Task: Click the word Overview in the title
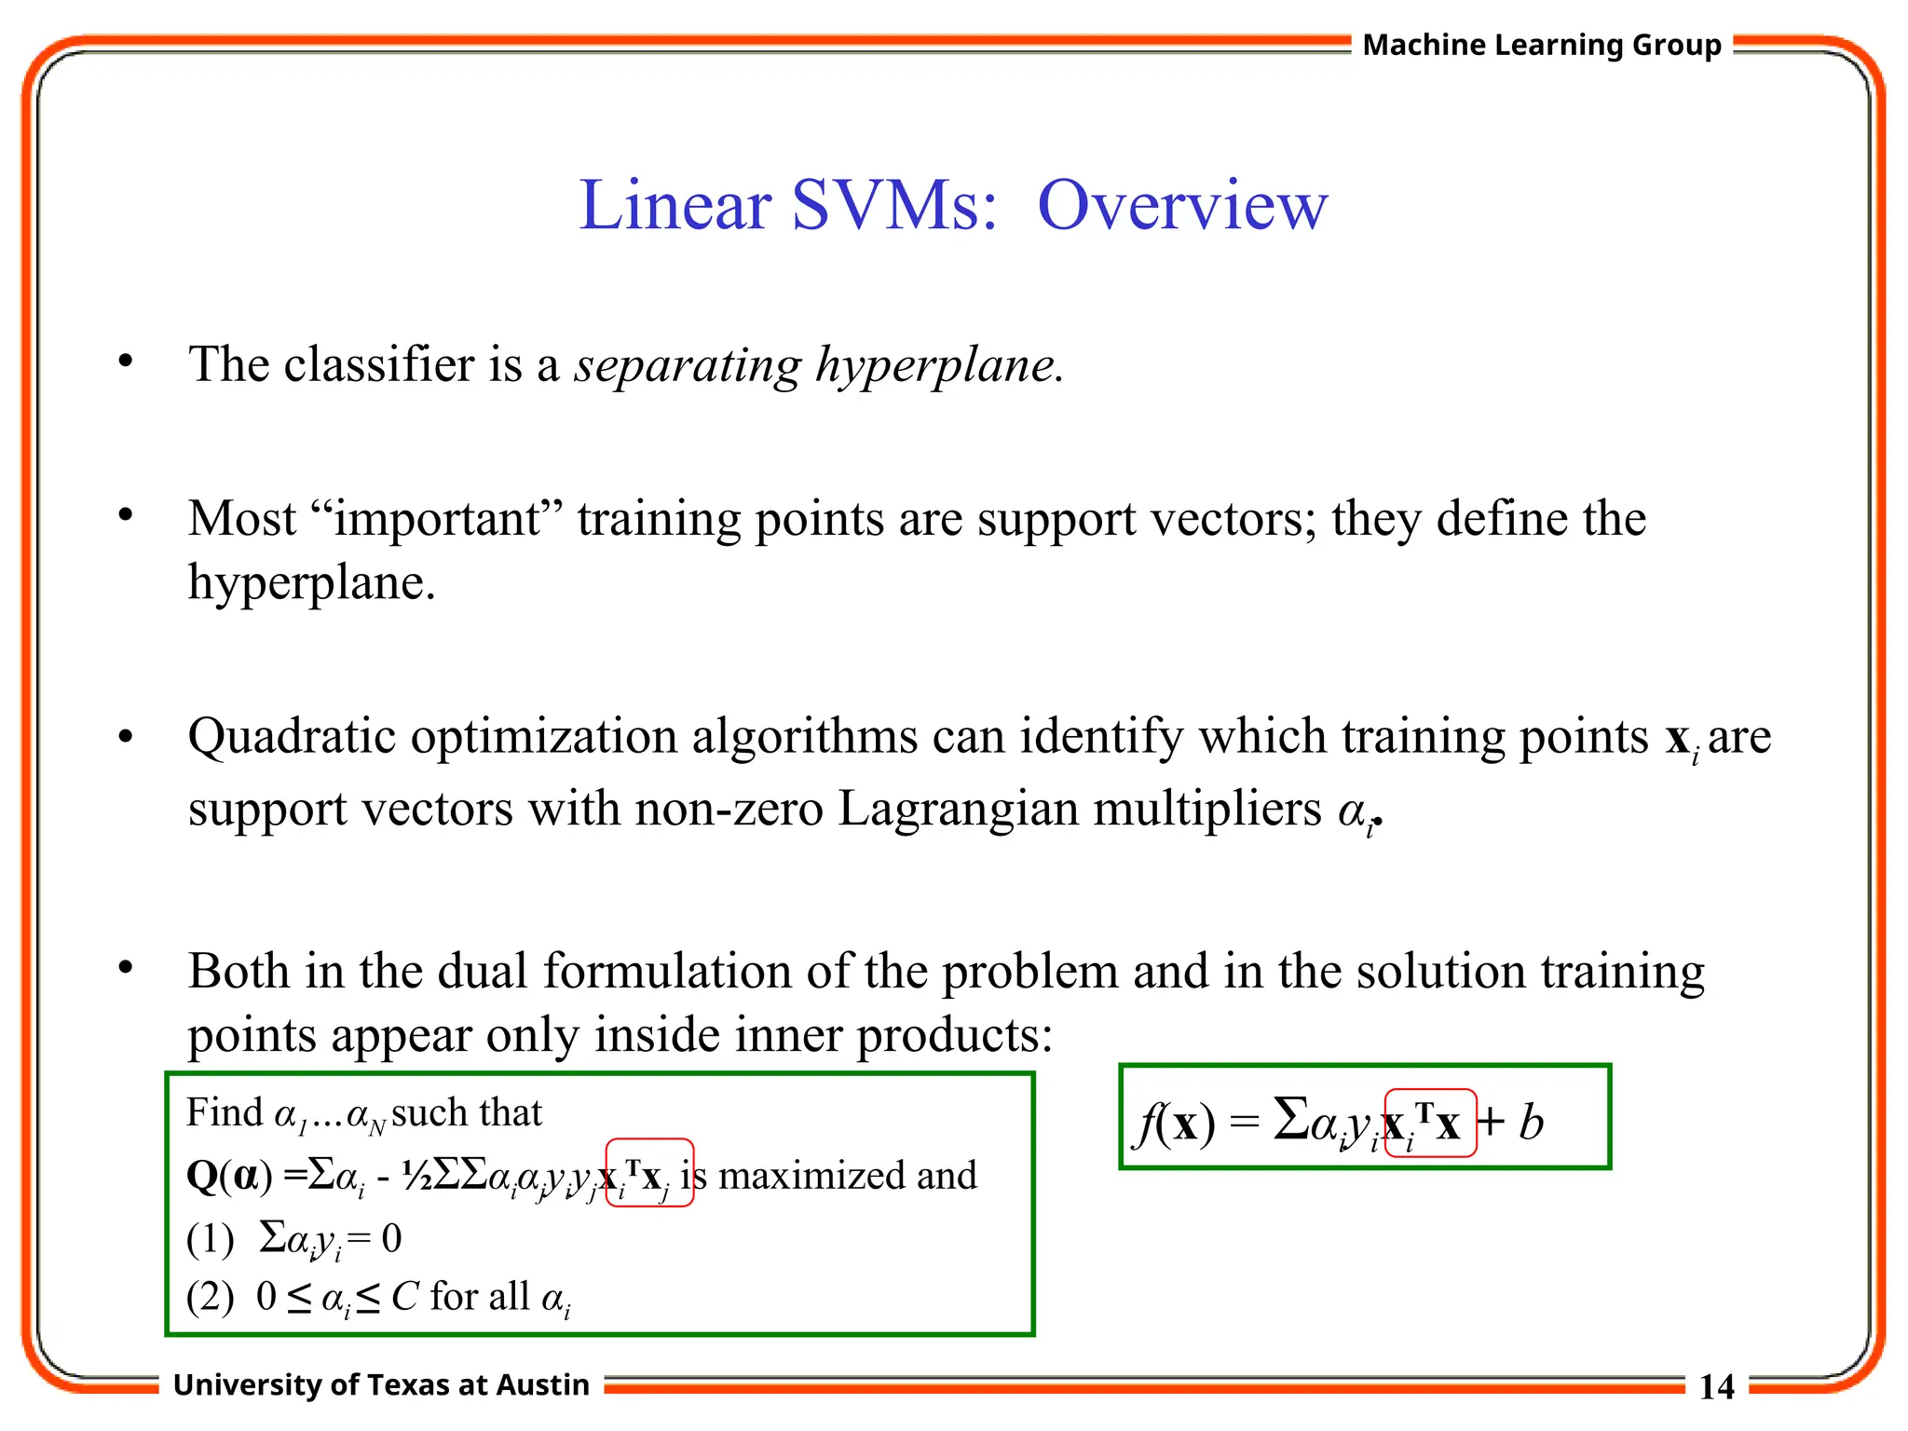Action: click(1182, 206)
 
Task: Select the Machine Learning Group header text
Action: click(1542, 45)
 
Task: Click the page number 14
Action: click(1716, 1387)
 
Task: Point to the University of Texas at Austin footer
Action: click(381, 1385)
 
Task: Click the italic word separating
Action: click(688, 365)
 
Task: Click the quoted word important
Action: click(437, 519)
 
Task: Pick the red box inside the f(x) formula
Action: click(1430, 1123)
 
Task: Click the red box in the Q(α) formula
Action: click(649, 1173)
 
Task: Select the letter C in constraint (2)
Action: click(405, 1297)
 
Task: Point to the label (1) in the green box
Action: click(210, 1240)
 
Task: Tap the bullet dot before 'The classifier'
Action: click(126, 361)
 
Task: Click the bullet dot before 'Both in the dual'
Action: click(126, 968)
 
